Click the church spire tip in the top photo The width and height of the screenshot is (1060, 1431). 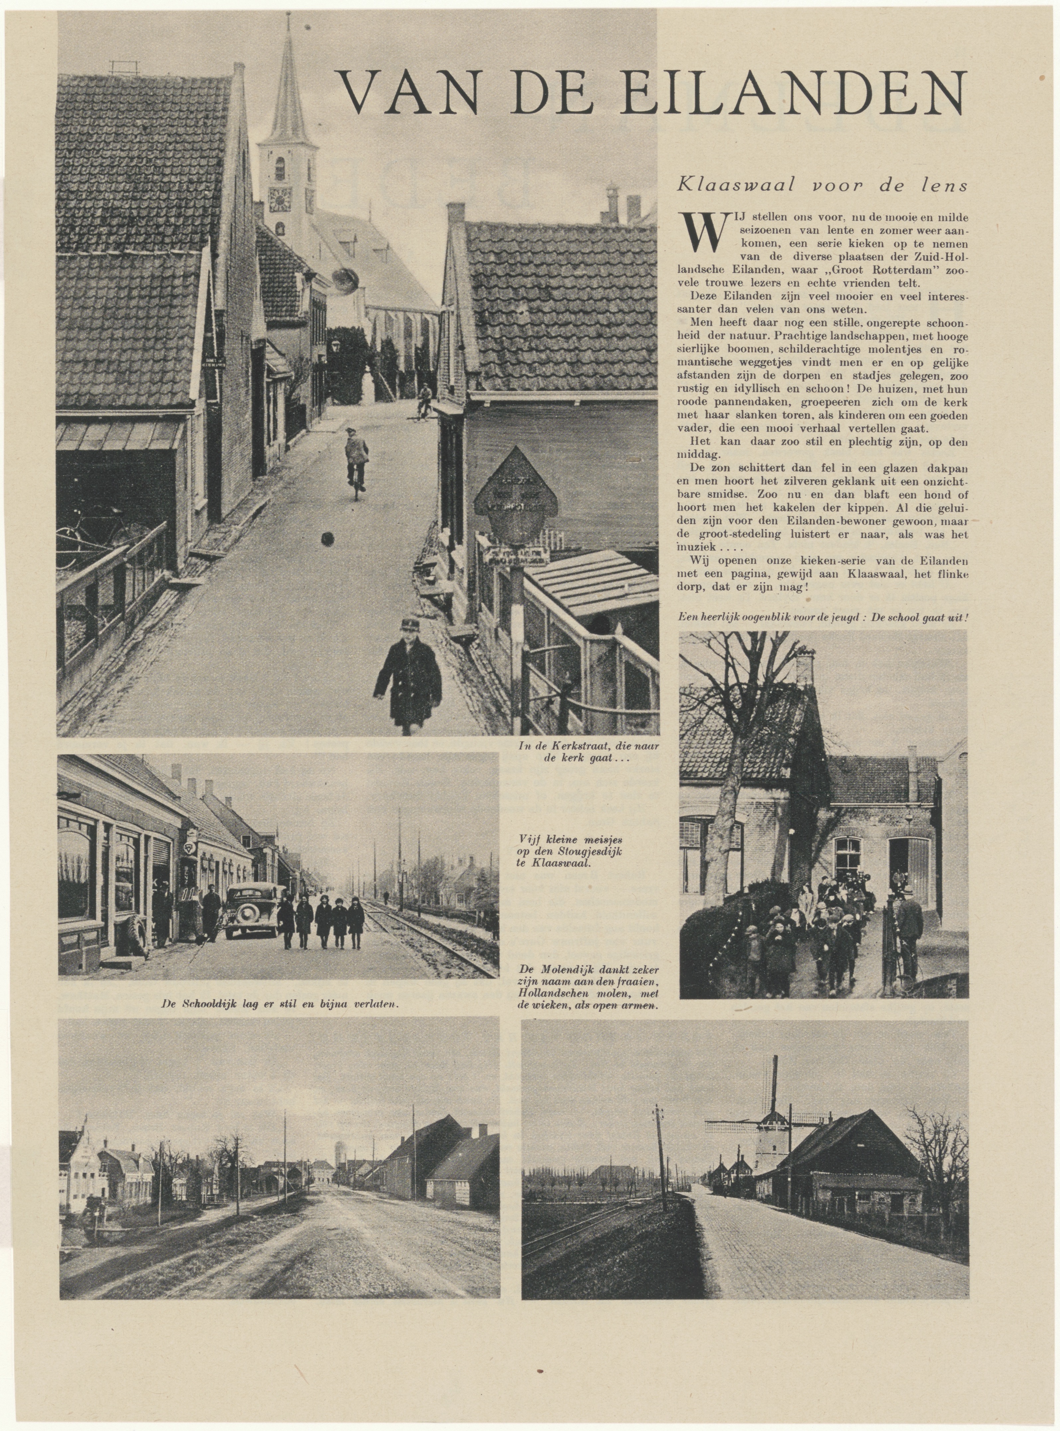point(288,16)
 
